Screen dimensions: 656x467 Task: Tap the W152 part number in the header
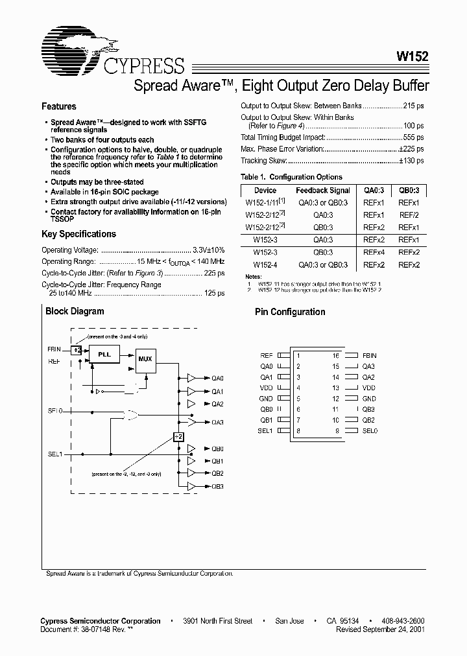pos(413,56)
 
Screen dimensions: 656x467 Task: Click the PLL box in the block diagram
pos(104,355)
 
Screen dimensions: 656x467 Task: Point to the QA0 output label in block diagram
pos(217,378)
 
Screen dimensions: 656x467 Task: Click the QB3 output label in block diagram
pos(217,486)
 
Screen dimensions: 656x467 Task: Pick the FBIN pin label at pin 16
pos(369,355)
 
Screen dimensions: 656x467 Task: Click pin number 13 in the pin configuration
pos(335,388)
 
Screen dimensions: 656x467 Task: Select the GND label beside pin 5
pos(266,399)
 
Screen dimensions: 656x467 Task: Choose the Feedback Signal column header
pos(323,191)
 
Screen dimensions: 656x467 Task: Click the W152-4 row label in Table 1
pos(265,264)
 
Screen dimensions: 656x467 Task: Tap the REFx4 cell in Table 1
pos(374,252)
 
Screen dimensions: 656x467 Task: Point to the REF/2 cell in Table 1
pos(409,215)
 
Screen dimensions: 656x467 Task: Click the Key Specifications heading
pos(78,234)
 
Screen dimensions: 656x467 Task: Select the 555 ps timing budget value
pos(413,137)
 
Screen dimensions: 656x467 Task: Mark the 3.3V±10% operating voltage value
pos(209,250)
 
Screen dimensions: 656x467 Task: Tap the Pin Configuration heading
pos(290,312)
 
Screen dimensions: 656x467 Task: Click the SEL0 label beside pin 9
pos(370,431)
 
